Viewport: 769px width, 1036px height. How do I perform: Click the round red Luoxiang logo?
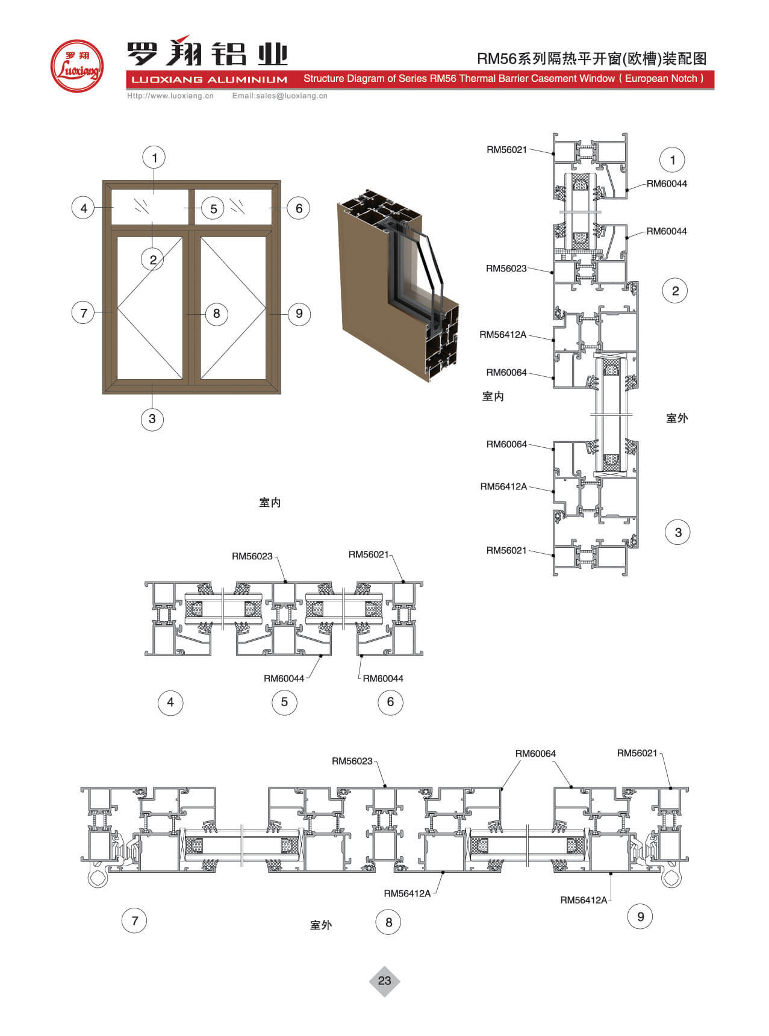tap(77, 66)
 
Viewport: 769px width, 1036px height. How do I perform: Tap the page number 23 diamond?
tap(384, 981)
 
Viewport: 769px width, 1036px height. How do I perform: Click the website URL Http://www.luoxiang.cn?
tap(170, 96)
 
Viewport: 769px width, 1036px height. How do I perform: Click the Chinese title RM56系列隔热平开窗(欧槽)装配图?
tap(591, 58)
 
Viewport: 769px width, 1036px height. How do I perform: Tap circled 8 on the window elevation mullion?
tap(216, 314)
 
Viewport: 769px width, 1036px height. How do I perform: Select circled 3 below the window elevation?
tap(152, 419)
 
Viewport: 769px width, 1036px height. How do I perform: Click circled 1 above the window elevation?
tap(154, 158)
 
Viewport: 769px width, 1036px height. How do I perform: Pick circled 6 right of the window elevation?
tap(299, 208)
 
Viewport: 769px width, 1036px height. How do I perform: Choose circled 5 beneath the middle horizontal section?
tap(284, 702)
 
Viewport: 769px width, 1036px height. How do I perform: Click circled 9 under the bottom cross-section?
tap(640, 917)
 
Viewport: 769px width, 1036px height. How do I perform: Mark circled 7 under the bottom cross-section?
tap(134, 920)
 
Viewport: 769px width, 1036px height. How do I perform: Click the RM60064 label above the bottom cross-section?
tap(535, 754)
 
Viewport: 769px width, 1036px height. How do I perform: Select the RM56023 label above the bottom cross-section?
tap(352, 761)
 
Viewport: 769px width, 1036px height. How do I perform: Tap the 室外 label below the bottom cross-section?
tap(321, 925)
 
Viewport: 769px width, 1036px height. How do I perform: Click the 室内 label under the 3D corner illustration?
tap(270, 503)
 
